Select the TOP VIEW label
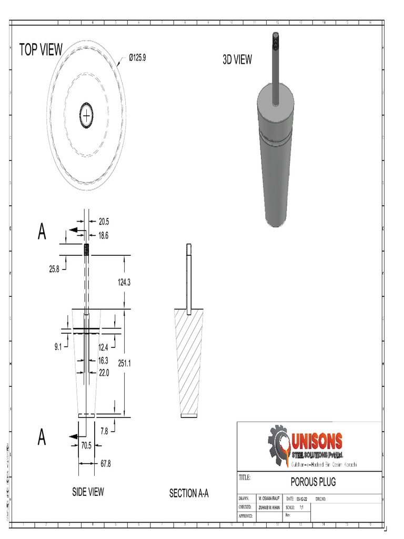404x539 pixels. coord(41,50)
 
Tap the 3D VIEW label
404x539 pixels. coord(237,60)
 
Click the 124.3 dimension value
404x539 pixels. coord(124,283)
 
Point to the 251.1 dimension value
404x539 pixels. coord(124,363)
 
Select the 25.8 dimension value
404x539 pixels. coord(55,269)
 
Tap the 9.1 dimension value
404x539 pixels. coord(58,346)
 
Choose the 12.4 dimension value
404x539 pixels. coord(103,347)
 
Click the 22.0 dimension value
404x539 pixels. coord(104,373)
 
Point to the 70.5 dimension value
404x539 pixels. coord(86,445)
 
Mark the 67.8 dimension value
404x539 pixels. coord(106,464)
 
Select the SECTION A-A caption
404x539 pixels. coord(189,493)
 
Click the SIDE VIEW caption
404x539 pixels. coord(88,492)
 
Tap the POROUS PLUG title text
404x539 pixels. coord(313,482)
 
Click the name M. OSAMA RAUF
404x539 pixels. coord(269,498)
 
